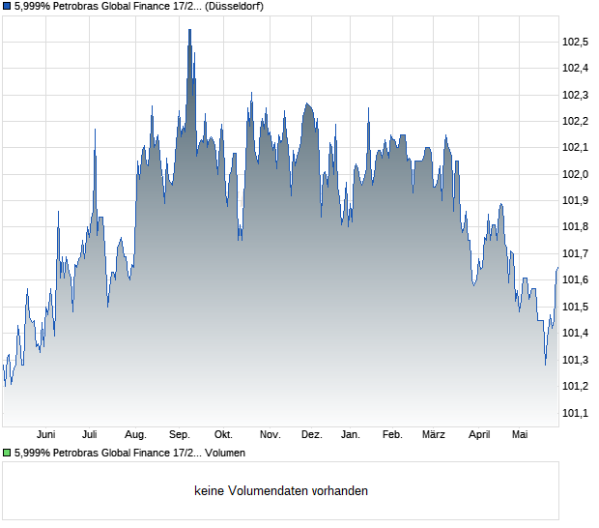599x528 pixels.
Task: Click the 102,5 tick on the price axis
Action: (575, 42)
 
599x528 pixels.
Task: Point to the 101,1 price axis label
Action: (575, 413)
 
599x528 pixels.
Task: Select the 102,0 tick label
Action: (575, 174)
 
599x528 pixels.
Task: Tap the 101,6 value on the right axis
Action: (575, 279)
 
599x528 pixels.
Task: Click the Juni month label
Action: (45, 435)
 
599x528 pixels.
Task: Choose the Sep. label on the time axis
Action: (180, 435)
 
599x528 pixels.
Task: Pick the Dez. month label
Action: (312, 435)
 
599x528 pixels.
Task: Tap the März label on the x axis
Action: (434, 435)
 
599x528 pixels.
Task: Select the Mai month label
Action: (520, 435)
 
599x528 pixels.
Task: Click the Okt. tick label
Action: (223, 435)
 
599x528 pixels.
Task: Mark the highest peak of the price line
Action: (190, 29)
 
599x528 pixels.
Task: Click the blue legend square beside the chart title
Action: (7, 7)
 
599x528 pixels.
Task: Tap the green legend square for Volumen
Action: (7, 454)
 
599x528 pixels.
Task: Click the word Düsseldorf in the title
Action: (234, 7)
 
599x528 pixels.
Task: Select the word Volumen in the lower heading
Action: (225, 454)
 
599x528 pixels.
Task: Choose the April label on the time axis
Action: (479, 435)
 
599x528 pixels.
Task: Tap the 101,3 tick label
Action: (575, 360)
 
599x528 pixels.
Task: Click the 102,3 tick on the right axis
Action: (575, 95)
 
